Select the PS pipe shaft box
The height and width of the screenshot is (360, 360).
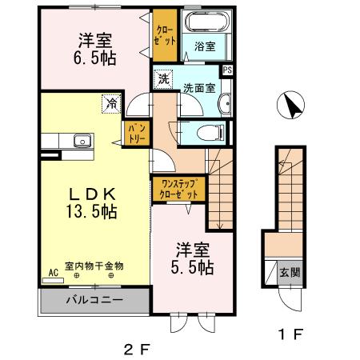point(228,70)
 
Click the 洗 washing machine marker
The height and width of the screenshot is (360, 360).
point(163,79)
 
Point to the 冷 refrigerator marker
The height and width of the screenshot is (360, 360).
point(109,102)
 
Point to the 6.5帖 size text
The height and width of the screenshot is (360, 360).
point(94,58)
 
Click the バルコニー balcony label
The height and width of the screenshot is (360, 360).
point(94,301)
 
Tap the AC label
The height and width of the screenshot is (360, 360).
point(54,271)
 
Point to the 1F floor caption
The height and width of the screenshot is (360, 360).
point(289,335)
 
